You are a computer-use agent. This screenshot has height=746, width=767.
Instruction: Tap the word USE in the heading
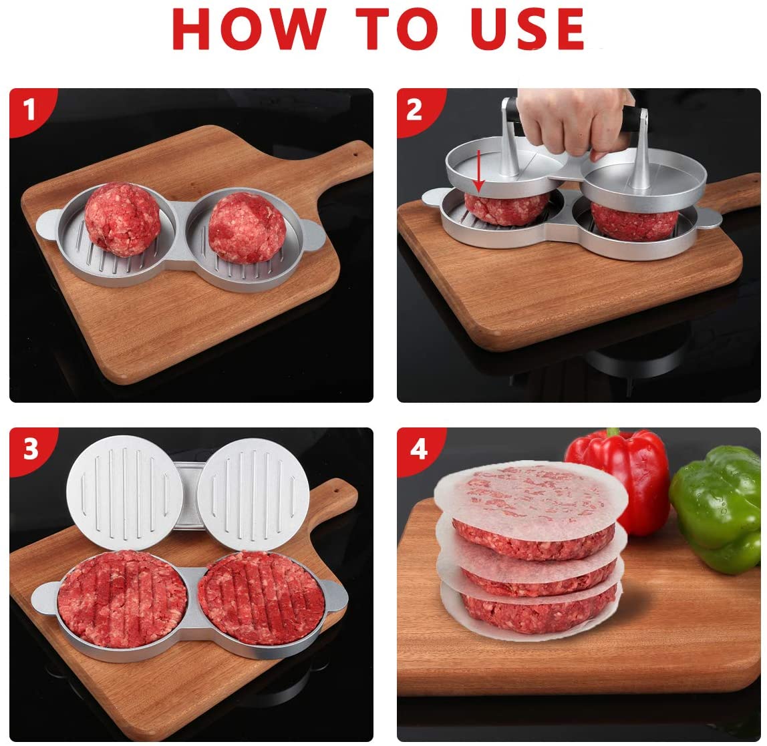[528, 29]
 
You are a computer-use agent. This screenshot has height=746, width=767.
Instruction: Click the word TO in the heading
[397, 29]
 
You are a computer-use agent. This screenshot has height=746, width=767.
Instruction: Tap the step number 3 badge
[30, 448]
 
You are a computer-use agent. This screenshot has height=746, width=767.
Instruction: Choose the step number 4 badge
[418, 449]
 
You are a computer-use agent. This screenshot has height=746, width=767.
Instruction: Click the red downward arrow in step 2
[479, 171]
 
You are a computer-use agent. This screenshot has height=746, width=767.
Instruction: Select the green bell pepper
[717, 508]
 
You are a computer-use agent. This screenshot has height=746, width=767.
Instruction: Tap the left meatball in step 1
[122, 220]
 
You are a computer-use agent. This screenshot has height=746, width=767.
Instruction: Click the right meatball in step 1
[247, 228]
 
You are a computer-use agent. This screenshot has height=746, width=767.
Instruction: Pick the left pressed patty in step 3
[122, 599]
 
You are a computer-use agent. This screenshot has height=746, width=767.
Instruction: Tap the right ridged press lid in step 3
[253, 494]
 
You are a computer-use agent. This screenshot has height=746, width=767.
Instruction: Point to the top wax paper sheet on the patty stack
[530, 499]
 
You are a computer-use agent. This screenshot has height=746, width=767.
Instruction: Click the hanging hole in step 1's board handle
[355, 154]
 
